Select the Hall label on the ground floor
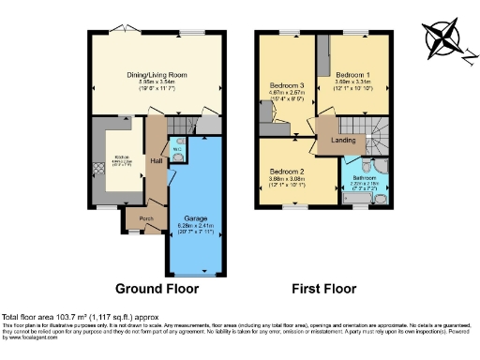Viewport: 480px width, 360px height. coord(157,161)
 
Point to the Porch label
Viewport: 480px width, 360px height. coord(145,219)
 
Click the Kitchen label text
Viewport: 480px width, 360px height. coord(122,157)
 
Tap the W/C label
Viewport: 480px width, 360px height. coord(177,147)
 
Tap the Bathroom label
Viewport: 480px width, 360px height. coord(364,177)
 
